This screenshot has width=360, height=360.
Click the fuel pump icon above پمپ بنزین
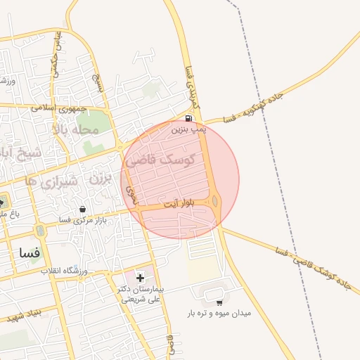[188, 118]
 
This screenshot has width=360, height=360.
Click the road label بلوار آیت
[177, 204]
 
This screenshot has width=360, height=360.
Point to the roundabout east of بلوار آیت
[215, 202]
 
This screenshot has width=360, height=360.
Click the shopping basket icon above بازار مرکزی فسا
[83, 209]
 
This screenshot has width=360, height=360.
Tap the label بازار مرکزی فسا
[64, 219]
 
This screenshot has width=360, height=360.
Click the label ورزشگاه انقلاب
[64, 271]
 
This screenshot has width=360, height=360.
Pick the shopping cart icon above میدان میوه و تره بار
[219, 302]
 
